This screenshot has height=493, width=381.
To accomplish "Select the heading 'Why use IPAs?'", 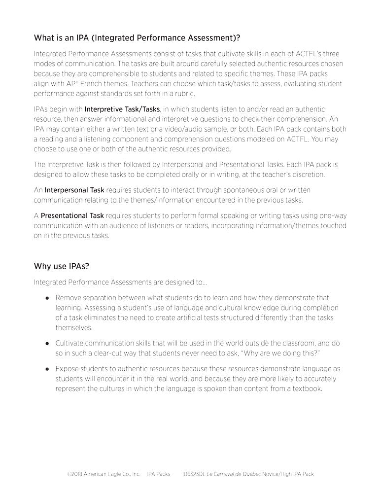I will coord(61,266).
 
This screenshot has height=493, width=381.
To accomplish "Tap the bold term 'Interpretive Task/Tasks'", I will coord(122,108).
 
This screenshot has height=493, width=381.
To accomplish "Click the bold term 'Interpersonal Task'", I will coord(74,190).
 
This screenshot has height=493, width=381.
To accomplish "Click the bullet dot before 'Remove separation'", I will coord(47,298).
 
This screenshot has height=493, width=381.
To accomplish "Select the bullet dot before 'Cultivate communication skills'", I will coord(47,343).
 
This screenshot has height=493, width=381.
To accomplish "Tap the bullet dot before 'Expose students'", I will coord(47,369).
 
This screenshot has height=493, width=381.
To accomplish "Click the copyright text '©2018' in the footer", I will coord(74,474).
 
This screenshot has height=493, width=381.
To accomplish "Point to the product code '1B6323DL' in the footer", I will coord(194,474).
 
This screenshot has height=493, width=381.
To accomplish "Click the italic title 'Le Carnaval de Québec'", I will coord(233,474).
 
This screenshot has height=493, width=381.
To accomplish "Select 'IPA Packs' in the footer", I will coord(158,474).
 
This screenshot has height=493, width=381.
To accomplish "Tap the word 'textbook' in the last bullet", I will coord(307,388).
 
